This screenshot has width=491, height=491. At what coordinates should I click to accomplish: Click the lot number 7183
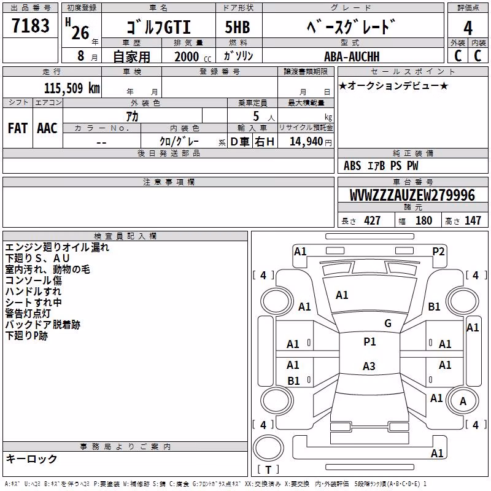tap(31, 25)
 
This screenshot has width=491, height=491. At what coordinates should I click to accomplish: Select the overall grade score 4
tap(468, 28)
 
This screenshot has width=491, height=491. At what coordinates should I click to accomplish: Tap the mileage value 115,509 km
tap(72, 88)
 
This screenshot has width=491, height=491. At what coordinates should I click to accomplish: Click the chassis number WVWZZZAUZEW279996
tap(412, 195)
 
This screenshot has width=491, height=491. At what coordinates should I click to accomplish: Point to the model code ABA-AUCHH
tap(352, 56)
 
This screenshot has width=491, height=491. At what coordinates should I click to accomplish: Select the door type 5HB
tap(238, 27)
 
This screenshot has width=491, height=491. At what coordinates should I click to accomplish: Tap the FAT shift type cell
tap(18, 128)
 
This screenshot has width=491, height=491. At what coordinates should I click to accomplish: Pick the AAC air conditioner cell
tap(47, 128)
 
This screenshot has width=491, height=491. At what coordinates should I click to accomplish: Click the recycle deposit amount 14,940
tap(306, 142)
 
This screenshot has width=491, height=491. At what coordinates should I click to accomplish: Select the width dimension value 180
tap(423, 220)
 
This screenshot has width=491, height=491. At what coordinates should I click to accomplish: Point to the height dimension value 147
tap(473, 220)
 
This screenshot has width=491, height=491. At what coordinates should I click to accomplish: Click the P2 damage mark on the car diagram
tap(438, 252)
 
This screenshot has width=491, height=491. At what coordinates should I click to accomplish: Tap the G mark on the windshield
tap(388, 323)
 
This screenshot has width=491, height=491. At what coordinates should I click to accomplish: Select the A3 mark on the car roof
tap(369, 366)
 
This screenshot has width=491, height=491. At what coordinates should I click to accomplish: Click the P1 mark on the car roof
tap(369, 342)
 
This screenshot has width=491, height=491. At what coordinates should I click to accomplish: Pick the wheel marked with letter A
tap(463, 401)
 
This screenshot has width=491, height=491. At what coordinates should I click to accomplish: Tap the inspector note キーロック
tap(31, 458)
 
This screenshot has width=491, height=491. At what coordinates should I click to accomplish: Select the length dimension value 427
tap(373, 220)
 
